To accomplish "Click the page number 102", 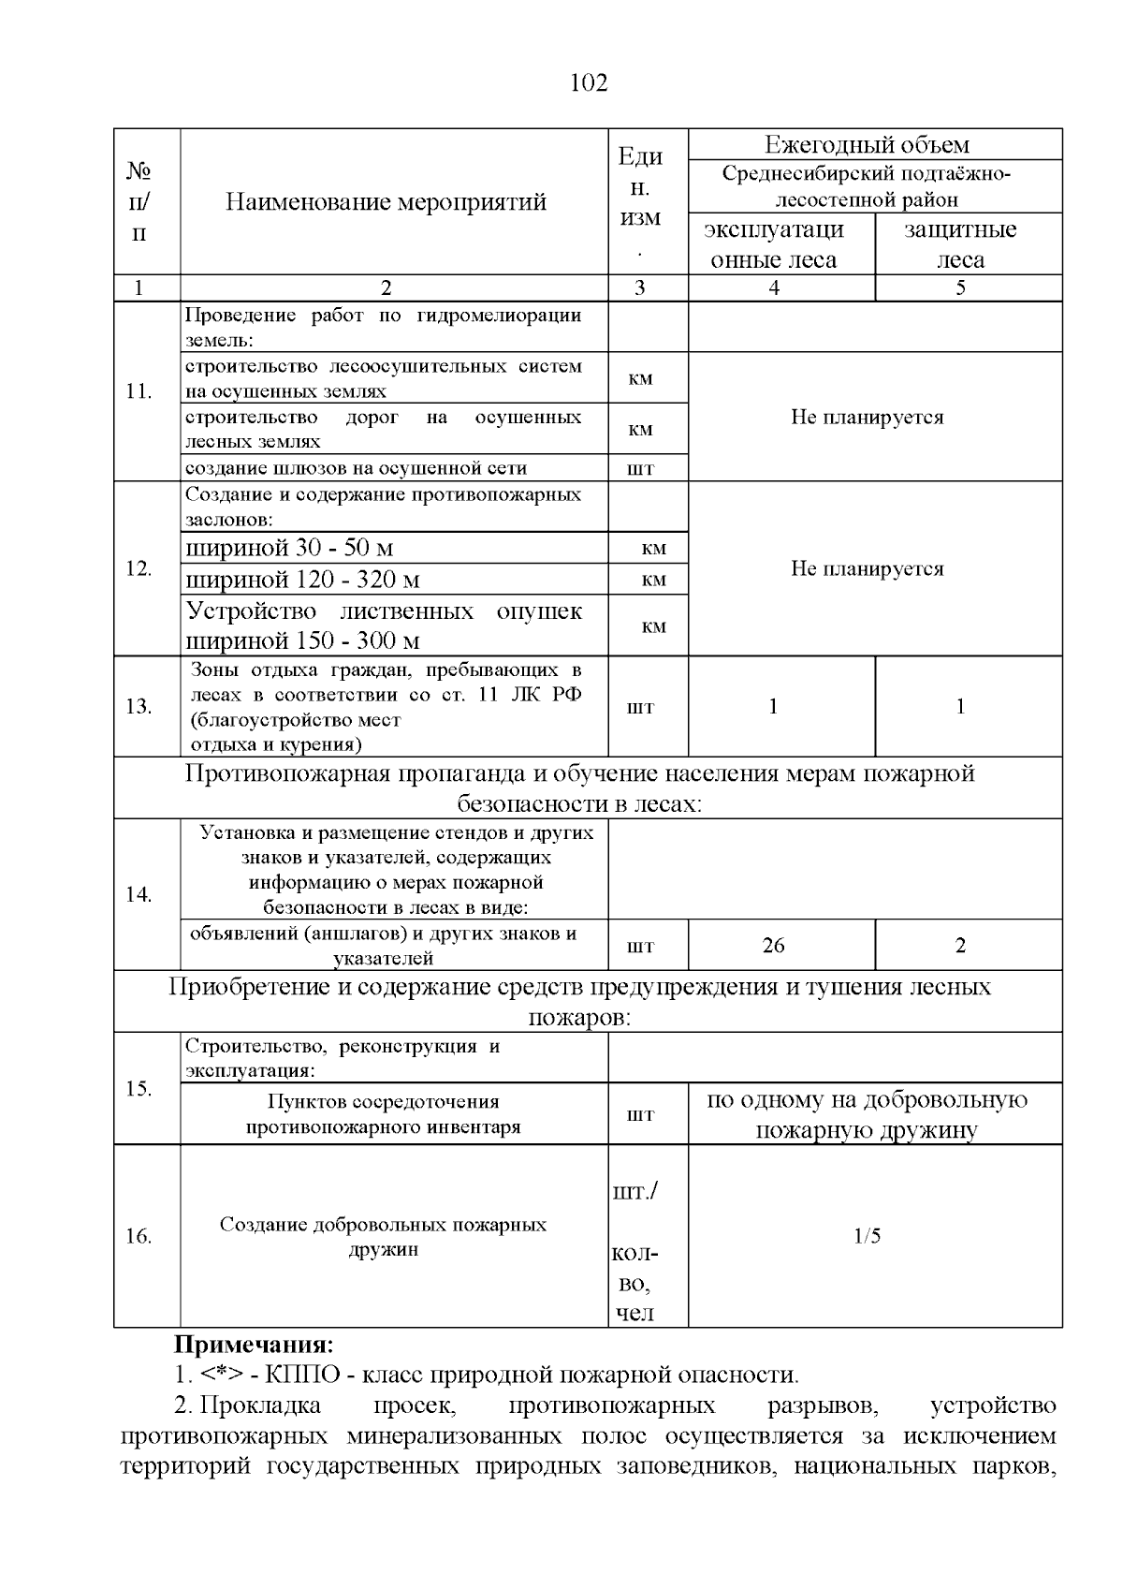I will point(589,83).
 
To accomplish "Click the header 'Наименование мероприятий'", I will point(386,201).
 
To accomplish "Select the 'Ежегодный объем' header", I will point(867,144).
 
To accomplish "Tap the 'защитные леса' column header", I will point(960,244).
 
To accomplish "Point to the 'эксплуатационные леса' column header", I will point(773,244).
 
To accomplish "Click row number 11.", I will point(139,390).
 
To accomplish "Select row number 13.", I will point(139,706).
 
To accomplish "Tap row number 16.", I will point(139,1236).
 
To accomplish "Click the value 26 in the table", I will point(773,945).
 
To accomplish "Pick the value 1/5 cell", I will point(867,1236).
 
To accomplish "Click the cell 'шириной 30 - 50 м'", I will point(289,548).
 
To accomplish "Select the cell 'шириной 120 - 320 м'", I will point(302,580).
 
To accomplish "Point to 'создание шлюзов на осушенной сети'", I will point(356,468).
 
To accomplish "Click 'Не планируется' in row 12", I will point(867,568).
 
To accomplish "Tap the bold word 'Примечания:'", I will point(253,1346).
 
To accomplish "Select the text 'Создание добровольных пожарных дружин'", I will point(383,1236).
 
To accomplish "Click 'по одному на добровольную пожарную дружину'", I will point(867,1114).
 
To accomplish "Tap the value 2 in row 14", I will point(960,945).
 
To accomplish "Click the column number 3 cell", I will point(639,287).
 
